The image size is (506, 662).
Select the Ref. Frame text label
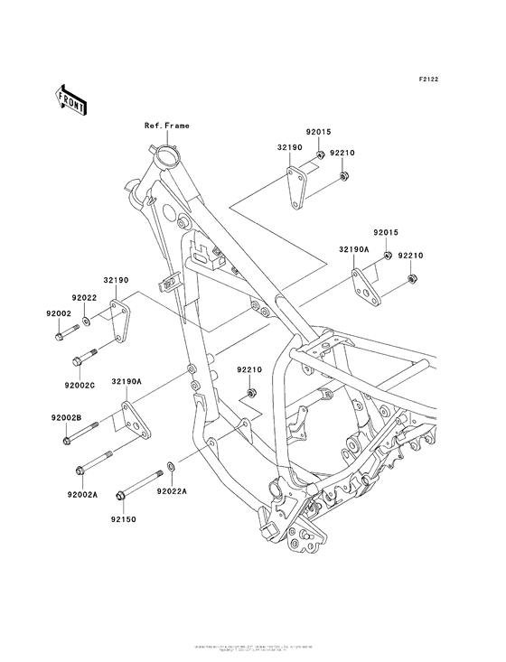tap(166, 126)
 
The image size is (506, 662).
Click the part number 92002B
tap(65, 418)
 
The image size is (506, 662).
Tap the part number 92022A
tap(171, 491)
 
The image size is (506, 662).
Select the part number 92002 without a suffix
tap(59, 312)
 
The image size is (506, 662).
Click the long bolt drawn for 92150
tap(136, 488)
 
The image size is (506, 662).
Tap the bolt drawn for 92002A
tap(92, 469)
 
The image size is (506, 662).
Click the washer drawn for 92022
tap(86, 319)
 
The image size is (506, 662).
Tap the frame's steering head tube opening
tap(167, 159)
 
